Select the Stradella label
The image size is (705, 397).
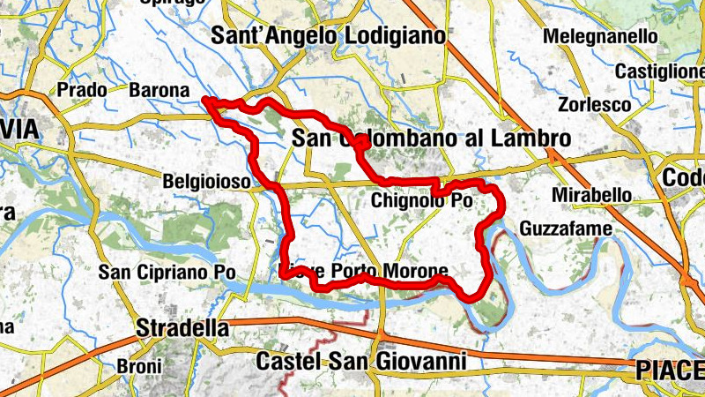point(182,329)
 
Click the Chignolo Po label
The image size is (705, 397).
point(422,200)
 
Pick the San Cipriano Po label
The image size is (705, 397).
point(167,273)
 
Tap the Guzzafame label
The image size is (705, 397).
point(564,228)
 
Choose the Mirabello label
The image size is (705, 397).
point(590,194)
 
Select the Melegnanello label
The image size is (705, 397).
point(601,37)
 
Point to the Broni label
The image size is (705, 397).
point(139,366)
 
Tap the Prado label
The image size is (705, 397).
point(81,90)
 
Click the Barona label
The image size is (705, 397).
point(159,90)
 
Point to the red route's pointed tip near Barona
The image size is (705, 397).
point(206,101)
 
